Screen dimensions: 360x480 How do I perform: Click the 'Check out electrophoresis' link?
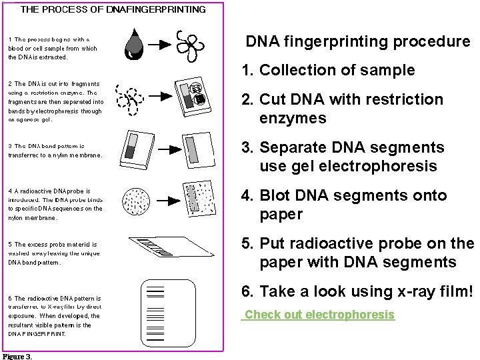click(319, 315)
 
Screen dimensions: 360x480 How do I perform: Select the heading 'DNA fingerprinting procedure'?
click(358, 41)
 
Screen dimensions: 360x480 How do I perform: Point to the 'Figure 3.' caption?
click(17, 356)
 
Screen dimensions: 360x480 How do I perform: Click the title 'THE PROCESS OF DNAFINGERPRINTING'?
click(113, 9)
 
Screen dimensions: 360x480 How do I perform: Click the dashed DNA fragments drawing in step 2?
click(131, 99)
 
